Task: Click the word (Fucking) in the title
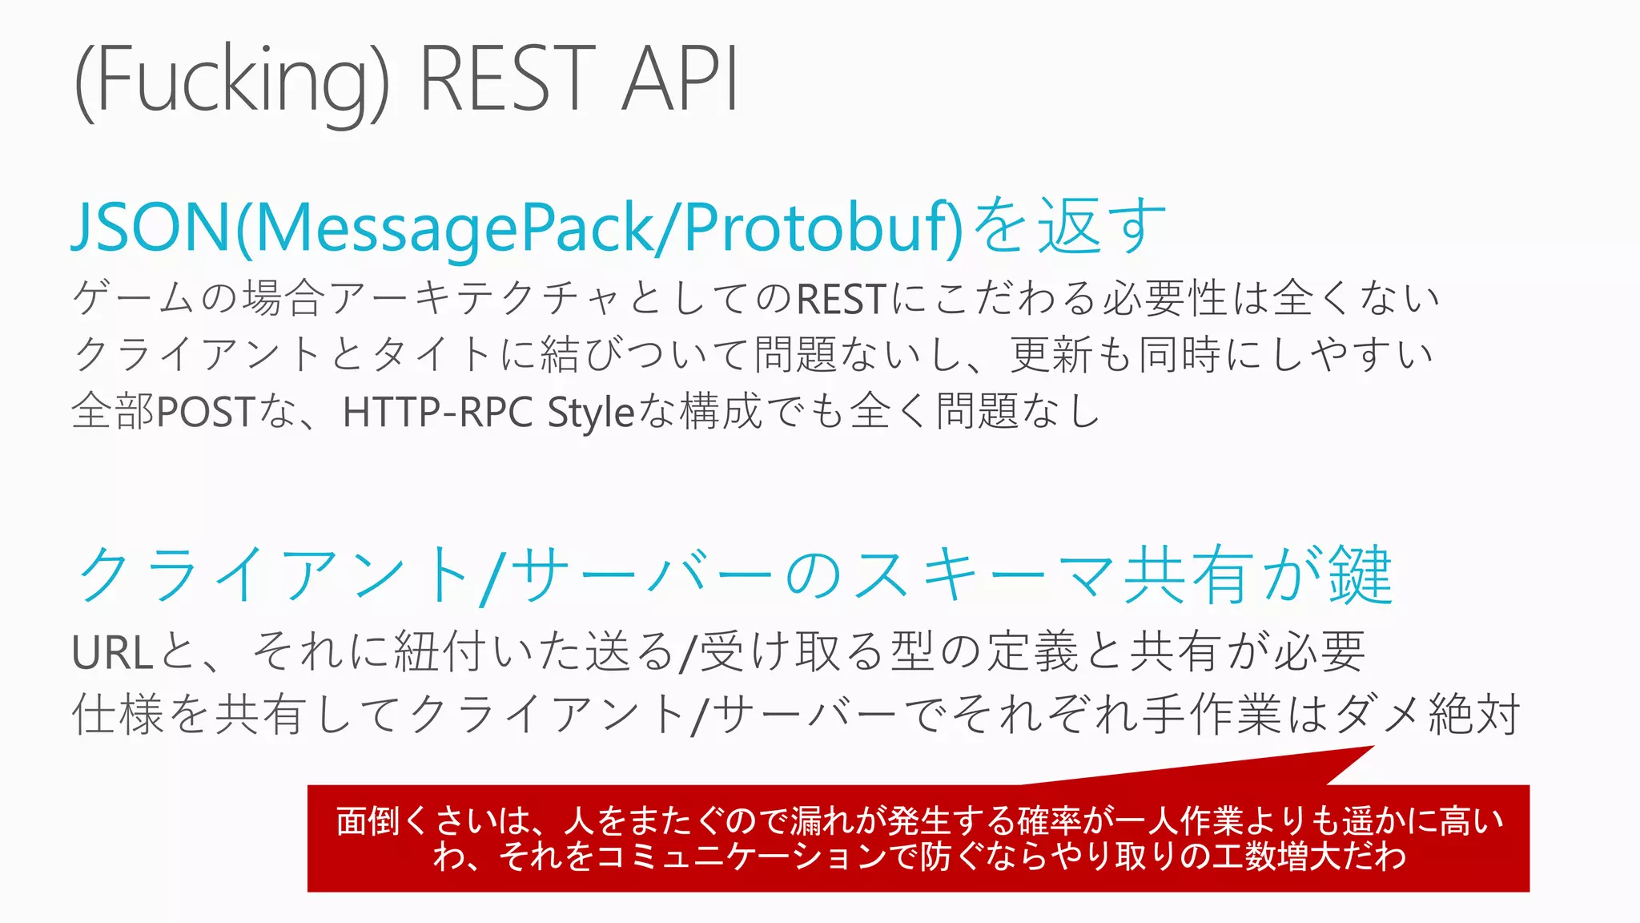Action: click(231, 80)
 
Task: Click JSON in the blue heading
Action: click(152, 228)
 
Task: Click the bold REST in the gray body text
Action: click(841, 299)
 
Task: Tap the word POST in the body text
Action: click(205, 412)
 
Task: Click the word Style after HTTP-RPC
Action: click(591, 413)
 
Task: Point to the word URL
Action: click(112, 652)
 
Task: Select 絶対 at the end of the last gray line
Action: click(1474, 714)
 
